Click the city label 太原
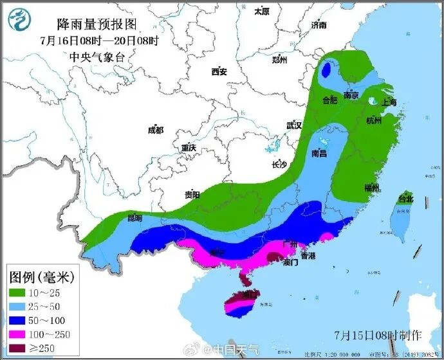(261, 12)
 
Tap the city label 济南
(319, 25)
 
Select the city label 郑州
(279, 60)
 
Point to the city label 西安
(219, 72)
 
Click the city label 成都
(156, 130)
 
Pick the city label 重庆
(188, 148)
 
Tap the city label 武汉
(294, 125)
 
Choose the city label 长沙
(279, 165)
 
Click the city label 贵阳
(192, 194)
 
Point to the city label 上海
(389, 103)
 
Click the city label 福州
(371, 188)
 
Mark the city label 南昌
(319, 154)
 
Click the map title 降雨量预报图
(97, 24)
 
